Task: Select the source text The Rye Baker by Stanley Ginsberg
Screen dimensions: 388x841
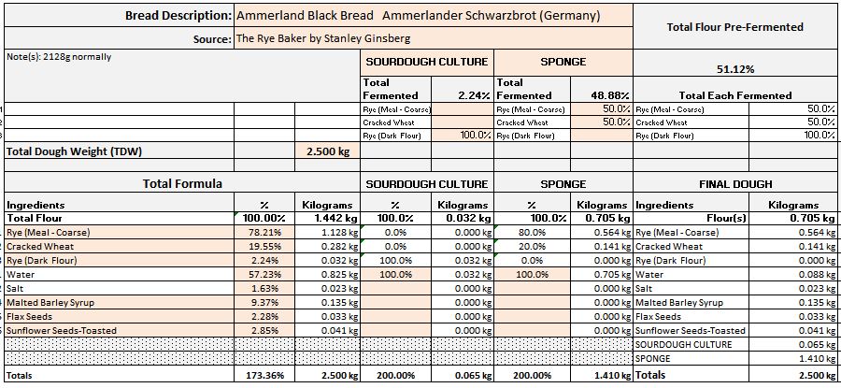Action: click(x=323, y=38)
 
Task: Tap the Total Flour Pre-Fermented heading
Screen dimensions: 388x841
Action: click(x=734, y=27)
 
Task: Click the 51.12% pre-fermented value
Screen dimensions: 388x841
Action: click(x=734, y=69)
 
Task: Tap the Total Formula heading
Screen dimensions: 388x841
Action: click(x=182, y=184)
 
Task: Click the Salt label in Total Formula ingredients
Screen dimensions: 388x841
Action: click(x=18, y=288)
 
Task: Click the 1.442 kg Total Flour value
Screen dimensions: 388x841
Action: click(x=333, y=218)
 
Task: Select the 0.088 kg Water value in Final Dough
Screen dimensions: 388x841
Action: click(x=812, y=274)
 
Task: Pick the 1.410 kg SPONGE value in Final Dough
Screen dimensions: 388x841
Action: click(x=812, y=358)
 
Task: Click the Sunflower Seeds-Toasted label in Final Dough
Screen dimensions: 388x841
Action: click(x=691, y=330)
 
